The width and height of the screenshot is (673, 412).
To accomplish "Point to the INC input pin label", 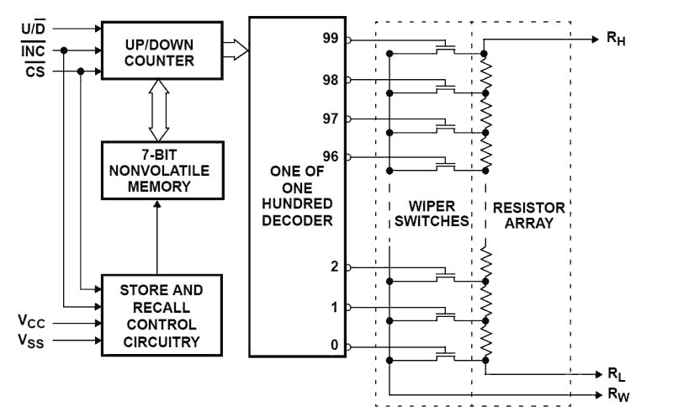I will [x=34, y=50].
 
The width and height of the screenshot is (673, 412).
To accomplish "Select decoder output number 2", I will [x=335, y=267].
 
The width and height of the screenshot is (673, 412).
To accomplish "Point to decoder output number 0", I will [x=335, y=346].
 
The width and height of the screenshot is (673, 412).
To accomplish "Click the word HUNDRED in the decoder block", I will [x=297, y=204].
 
